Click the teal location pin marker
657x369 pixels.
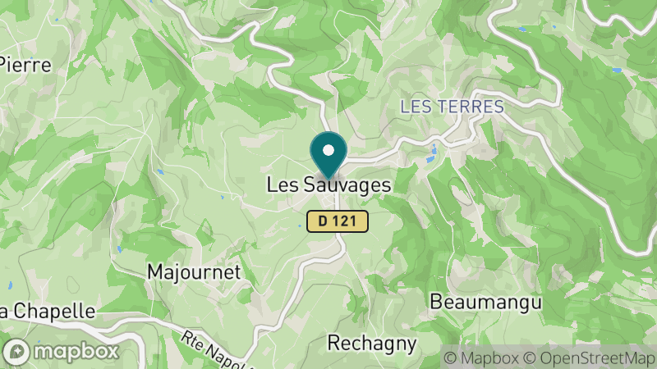(328, 154)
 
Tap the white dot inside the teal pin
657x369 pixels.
(328, 150)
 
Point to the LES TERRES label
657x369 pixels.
(452, 107)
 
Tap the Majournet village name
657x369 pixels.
(193, 271)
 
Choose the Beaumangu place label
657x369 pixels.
(486, 302)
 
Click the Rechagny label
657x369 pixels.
(372, 342)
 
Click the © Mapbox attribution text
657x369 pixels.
(482, 358)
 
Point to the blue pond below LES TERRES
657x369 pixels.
(434, 150)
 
